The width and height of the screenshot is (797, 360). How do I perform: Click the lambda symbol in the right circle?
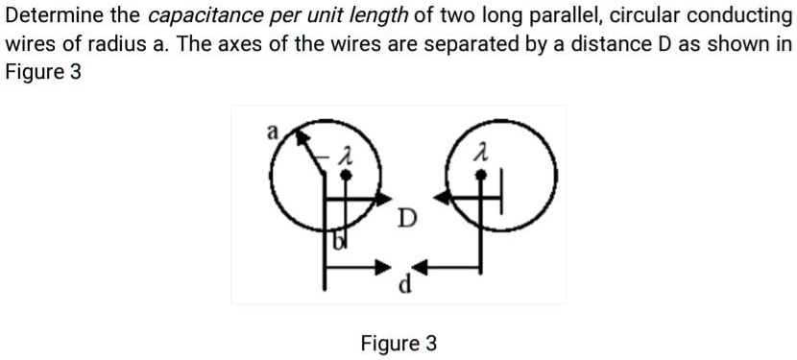[x=487, y=153]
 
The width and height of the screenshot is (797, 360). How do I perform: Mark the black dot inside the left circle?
[x=349, y=176]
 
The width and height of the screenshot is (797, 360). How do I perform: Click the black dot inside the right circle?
[x=484, y=176]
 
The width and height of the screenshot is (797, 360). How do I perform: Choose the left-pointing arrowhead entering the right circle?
[x=443, y=198]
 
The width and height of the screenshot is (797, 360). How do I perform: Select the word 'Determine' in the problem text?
[x=52, y=15]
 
